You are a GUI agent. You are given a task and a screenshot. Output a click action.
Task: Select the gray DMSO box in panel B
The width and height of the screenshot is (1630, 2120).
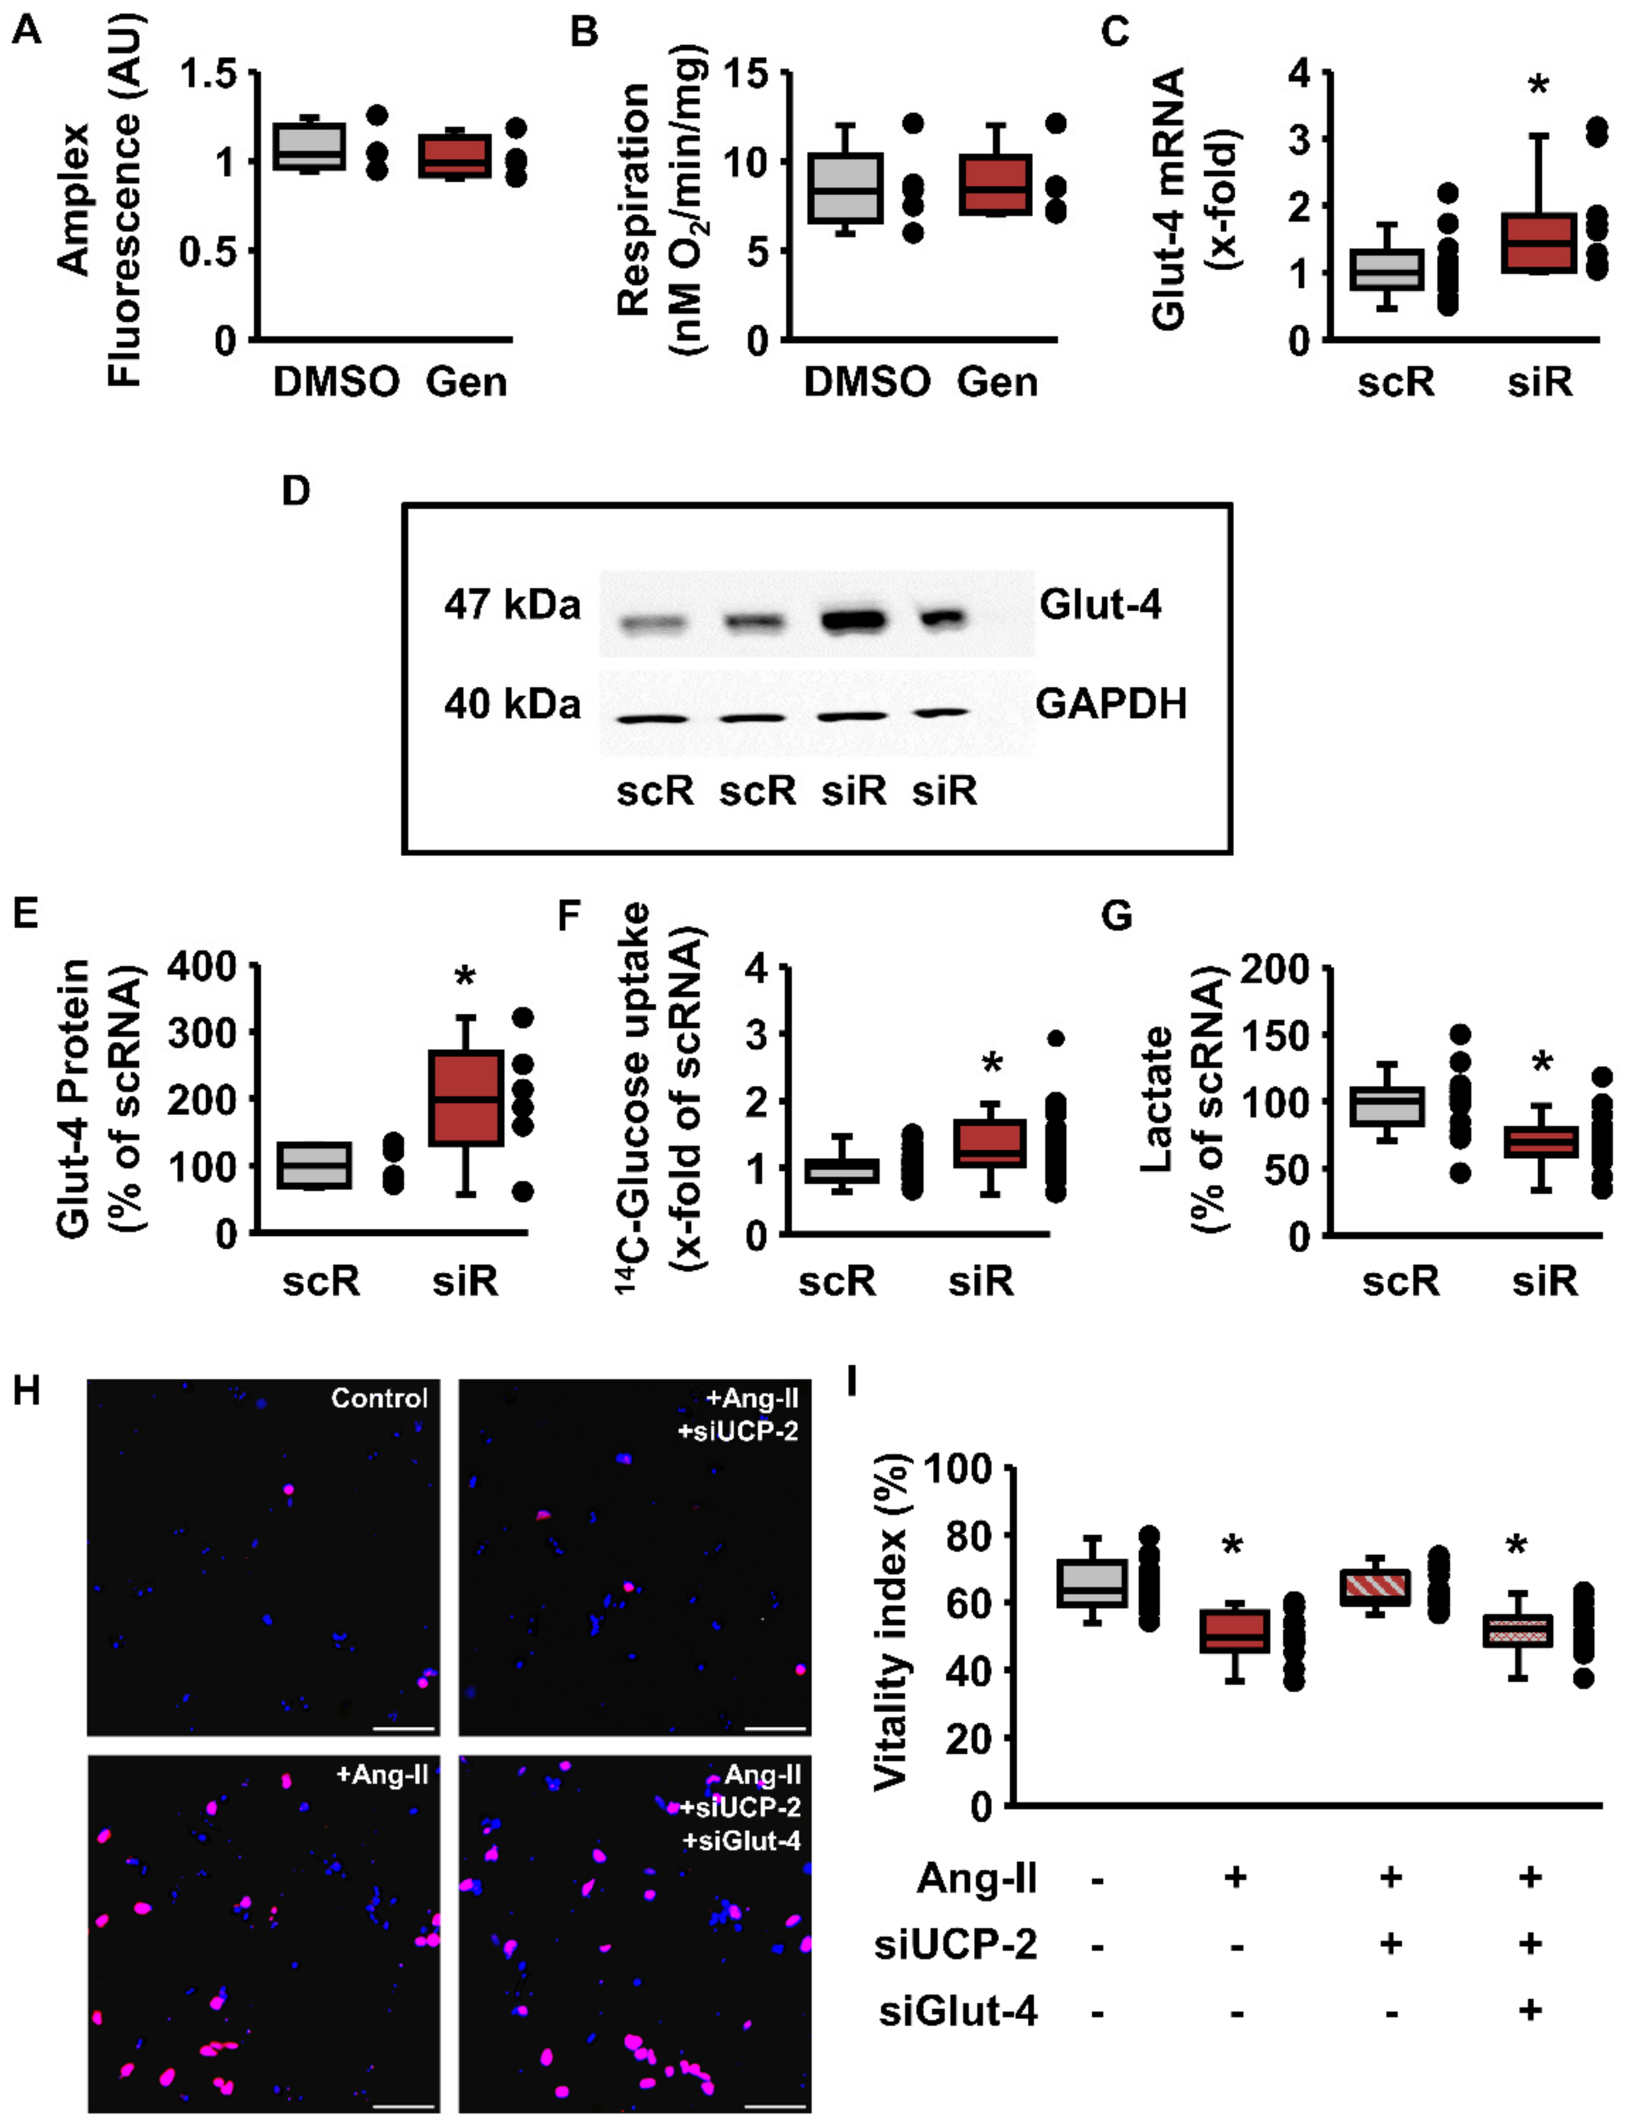tap(845, 188)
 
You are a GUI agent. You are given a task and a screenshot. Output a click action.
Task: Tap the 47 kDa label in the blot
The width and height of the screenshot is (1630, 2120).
tap(512, 605)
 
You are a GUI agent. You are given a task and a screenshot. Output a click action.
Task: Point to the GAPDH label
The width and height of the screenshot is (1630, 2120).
tap(1111, 704)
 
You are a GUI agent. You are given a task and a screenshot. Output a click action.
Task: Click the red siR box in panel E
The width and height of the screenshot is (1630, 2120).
tap(466, 1098)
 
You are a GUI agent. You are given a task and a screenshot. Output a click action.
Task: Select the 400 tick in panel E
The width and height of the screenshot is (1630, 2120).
tap(202, 966)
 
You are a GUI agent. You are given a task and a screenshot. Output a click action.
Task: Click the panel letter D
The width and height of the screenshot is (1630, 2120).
tap(295, 492)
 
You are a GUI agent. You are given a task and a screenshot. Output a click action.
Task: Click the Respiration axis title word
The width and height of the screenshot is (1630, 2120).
tap(632, 199)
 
